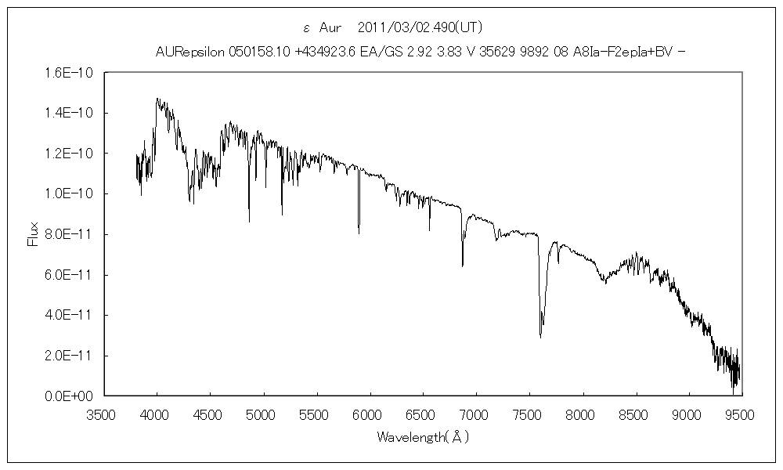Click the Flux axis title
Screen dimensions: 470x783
pyautogui.click(x=32, y=234)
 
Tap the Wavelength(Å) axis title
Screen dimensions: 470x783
pyautogui.click(x=423, y=436)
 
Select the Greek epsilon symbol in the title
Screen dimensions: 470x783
pyautogui.click(x=306, y=28)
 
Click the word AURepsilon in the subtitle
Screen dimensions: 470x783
pyautogui.click(x=190, y=52)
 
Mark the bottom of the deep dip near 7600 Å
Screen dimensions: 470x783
pyautogui.click(x=540, y=337)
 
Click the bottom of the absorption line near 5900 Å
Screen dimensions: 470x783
pyautogui.click(x=359, y=233)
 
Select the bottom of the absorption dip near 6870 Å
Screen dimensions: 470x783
pyautogui.click(x=462, y=266)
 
